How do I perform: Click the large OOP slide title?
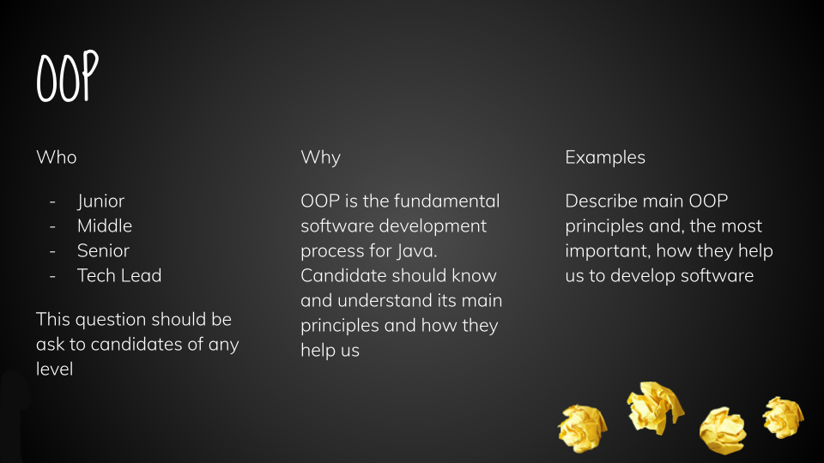click(x=67, y=76)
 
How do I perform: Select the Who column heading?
click(x=57, y=157)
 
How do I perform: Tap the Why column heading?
click(x=320, y=158)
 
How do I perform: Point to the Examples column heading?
click(x=605, y=158)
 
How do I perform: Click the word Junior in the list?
click(x=100, y=201)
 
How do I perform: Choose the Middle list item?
click(x=105, y=225)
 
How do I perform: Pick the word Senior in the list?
click(x=103, y=250)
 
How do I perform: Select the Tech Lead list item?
click(x=119, y=275)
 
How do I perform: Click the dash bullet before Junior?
click(x=52, y=201)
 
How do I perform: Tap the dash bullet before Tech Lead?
click(x=52, y=276)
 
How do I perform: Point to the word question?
click(x=102, y=320)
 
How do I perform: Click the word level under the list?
click(x=54, y=369)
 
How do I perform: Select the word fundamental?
click(x=446, y=201)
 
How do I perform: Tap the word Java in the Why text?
click(x=416, y=251)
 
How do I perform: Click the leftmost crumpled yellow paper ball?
click(x=583, y=429)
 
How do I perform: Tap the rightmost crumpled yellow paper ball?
click(x=783, y=418)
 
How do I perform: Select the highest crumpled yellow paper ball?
click(x=655, y=408)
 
